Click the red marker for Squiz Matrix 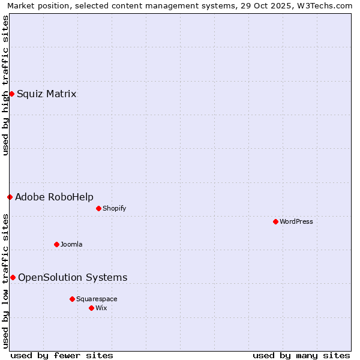[11, 94]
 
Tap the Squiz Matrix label [46, 94]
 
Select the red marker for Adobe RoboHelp [10, 197]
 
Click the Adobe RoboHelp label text [54, 197]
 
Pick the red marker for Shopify [98, 208]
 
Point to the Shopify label [114, 208]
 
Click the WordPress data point [275, 221]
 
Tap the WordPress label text [296, 221]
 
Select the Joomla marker [56, 244]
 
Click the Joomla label [71, 244]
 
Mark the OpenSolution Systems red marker [13, 277]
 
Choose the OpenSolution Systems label [73, 277]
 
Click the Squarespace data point [72, 299]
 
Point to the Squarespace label [97, 299]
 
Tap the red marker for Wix [91, 308]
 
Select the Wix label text [101, 308]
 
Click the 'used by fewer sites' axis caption [62, 355]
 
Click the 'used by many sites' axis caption [301, 355]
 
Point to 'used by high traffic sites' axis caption [5, 85]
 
